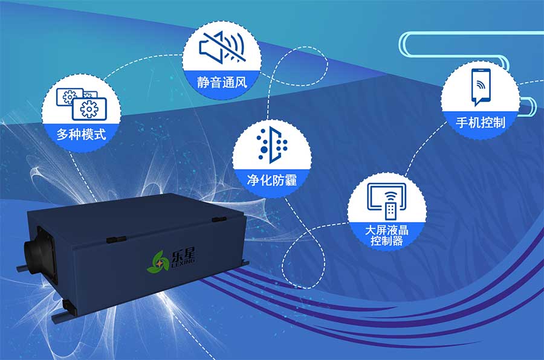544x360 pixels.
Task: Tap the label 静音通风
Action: [221, 82]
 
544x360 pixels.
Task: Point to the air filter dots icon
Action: [272, 146]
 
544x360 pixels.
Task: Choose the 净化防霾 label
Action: [272, 179]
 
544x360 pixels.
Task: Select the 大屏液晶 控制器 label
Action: [387, 236]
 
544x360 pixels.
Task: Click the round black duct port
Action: [39, 250]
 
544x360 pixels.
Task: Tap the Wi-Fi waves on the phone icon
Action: [481, 83]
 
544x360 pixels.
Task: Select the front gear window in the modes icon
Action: [89, 109]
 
